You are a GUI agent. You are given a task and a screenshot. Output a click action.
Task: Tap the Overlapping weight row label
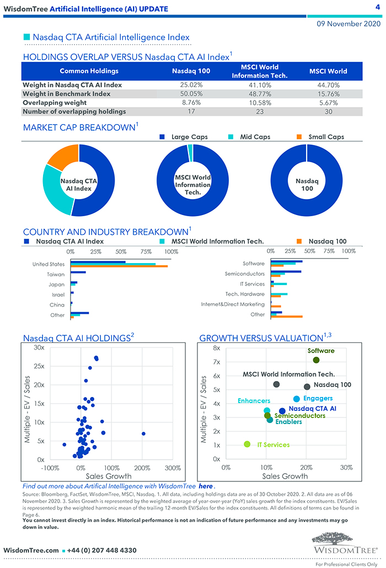tap(55, 103)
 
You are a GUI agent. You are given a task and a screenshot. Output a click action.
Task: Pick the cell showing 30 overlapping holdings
tap(328, 111)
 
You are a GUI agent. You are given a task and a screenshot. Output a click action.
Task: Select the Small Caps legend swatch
tap(299, 137)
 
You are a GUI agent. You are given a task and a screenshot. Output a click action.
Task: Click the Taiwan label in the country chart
tap(56, 274)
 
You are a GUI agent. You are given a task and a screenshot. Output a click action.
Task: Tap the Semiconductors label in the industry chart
tap(244, 274)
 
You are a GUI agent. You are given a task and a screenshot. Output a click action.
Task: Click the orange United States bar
tap(119, 267)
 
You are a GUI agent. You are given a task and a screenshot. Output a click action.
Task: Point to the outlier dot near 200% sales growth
tap(143, 433)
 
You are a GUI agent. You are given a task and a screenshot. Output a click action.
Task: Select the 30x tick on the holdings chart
tap(39, 347)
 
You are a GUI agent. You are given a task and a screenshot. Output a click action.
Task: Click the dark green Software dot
tap(316, 360)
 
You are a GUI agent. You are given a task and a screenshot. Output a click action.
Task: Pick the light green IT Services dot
tap(247, 444)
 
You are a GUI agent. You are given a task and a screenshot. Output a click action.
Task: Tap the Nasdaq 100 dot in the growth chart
tap(307, 387)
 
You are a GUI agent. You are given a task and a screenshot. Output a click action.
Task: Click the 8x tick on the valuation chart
tap(216, 349)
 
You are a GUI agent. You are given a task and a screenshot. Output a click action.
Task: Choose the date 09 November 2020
tap(349, 24)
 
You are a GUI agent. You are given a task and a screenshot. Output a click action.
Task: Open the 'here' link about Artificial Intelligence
tap(205, 487)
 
